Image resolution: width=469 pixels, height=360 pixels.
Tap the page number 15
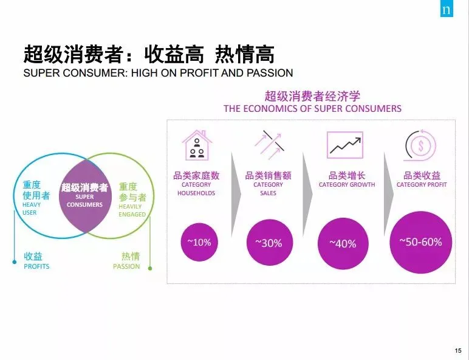(x=457, y=350)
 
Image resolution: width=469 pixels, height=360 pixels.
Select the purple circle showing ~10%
(x=199, y=242)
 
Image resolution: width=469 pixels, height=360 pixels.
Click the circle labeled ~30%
(x=269, y=243)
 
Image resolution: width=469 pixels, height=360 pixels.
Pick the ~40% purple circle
(x=343, y=243)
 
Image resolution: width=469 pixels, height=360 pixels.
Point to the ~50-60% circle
(x=420, y=242)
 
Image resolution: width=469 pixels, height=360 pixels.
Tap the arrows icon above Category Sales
(x=269, y=145)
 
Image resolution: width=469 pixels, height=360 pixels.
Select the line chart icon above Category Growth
(x=344, y=145)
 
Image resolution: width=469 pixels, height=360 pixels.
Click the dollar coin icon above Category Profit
(x=420, y=145)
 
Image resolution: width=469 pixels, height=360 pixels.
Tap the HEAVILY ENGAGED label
(x=132, y=210)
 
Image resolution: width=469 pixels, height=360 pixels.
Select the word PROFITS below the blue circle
(x=36, y=266)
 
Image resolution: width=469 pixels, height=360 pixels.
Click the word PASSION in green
(x=126, y=266)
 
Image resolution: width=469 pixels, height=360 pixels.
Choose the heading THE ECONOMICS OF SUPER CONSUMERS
(x=312, y=109)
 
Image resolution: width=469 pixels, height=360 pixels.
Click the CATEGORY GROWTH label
(x=347, y=185)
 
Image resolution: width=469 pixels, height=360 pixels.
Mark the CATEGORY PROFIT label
(x=422, y=185)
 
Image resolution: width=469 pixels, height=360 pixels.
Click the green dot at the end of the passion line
(x=150, y=267)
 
